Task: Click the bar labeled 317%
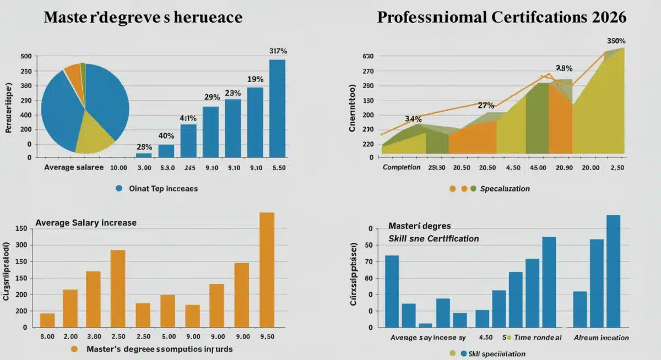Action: [277, 108]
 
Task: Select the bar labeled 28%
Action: [144, 155]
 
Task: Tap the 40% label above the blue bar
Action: [166, 135]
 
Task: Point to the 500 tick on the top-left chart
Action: [26, 56]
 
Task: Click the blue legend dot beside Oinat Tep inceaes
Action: [118, 188]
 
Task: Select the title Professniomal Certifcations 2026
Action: [502, 17]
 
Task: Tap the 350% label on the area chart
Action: [615, 41]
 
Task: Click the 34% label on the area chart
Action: [413, 118]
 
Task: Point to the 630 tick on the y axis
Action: [369, 56]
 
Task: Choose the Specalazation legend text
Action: [505, 188]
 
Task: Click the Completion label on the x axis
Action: [402, 167]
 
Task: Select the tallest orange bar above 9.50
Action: [267, 270]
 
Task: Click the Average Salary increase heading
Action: [86, 223]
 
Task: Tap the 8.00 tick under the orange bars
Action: [47, 336]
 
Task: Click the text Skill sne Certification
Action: [434, 238]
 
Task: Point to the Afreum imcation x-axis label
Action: [601, 337]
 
